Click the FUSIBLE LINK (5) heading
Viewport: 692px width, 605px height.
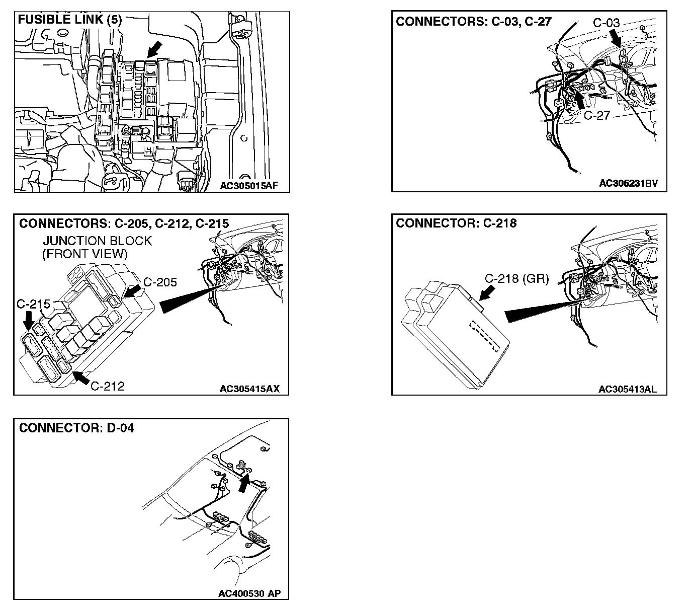point(69,20)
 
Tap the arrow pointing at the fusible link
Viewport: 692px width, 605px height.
point(155,50)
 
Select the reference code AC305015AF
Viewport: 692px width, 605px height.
point(248,186)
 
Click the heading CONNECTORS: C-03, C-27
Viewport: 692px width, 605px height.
point(474,22)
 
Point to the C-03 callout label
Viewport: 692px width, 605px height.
point(606,23)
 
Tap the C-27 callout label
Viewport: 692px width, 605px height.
point(596,116)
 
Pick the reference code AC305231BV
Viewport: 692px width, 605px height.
point(628,184)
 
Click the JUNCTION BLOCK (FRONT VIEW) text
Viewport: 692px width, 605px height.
point(97,247)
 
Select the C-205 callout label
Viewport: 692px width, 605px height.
point(160,282)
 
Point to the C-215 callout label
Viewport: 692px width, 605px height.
point(33,304)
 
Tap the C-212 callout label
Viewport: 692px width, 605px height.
point(108,386)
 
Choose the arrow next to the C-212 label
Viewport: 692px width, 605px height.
point(82,377)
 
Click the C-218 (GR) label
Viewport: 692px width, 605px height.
point(516,278)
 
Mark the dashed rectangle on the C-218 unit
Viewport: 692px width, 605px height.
point(484,335)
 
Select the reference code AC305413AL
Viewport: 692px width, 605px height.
point(627,389)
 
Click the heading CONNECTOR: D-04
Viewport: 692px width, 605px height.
point(76,428)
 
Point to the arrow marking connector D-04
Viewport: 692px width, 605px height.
point(244,483)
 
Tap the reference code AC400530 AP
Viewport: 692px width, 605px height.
point(249,593)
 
